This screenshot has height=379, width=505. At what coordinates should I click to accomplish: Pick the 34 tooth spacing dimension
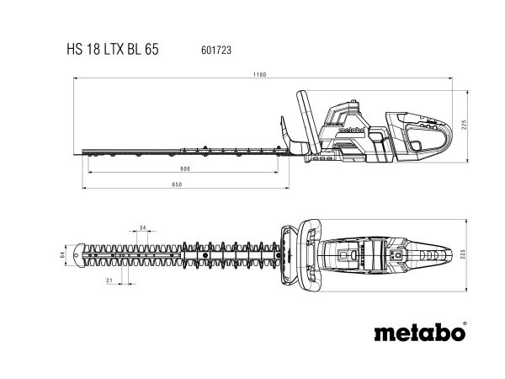point(142,228)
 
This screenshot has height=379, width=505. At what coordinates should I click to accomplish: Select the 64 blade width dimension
point(61,254)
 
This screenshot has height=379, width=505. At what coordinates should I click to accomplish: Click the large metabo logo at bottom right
point(417,330)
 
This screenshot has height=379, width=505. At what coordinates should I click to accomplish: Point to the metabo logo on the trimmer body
point(348,131)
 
